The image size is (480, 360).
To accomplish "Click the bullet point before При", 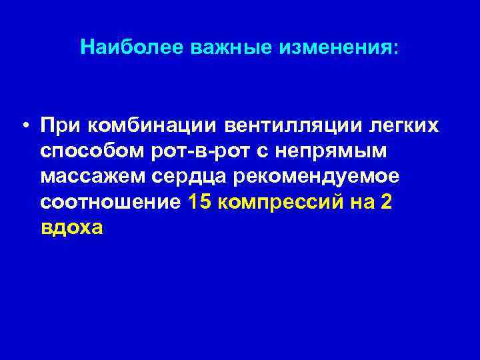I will pyautogui.click(x=24, y=125).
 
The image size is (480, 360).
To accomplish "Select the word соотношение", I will pyautogui.click(x=110, y=203).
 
